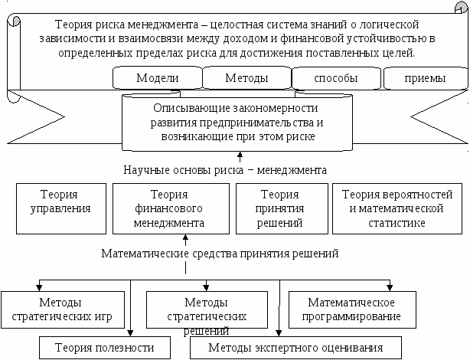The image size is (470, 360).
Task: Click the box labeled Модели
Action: tap(158, 77)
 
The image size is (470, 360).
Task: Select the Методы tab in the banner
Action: tap(246, 77)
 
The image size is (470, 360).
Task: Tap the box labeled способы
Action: tap(336, 78)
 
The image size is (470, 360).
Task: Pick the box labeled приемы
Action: tap(425, 78)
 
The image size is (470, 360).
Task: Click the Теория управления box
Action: tap(61, 208)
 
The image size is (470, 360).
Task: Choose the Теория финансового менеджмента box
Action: tap(171, 208)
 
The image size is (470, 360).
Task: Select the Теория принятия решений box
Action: tap(282, 208)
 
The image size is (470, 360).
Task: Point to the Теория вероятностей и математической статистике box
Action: tap(397, 208)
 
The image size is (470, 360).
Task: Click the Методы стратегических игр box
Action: tap(62, 309)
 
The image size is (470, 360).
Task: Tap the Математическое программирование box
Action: tap(352, 309)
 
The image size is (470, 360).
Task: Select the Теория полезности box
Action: tap(105, 348)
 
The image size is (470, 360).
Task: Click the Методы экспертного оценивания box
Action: tap(295, 348)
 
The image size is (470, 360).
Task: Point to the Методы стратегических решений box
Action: tap(207, 309)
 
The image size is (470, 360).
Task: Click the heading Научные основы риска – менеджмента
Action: tap(225, 170)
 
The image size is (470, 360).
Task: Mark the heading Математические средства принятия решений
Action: tap(220, 254)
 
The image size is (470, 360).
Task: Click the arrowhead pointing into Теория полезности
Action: tap(130, 333)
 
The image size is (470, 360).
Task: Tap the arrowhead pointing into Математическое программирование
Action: tap(390, 288)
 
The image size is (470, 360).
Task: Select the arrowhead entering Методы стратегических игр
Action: tap(39, 288)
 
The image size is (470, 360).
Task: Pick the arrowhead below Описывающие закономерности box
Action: tap(240, 155)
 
